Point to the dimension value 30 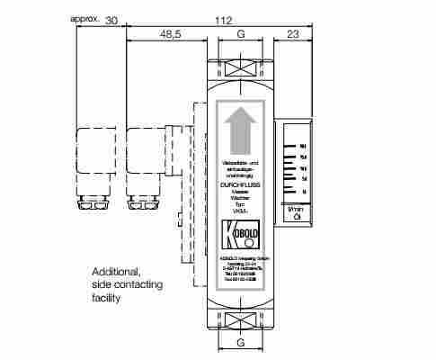coord(111,19)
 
